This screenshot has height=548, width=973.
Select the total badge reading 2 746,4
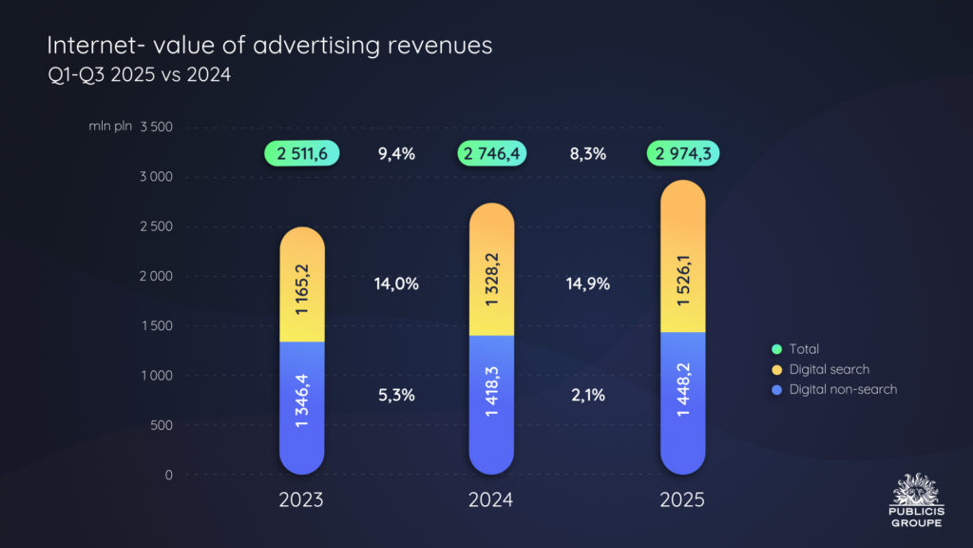click(492, 153)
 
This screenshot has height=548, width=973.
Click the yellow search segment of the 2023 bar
click(302, 285)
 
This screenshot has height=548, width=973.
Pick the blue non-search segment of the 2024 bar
click(492, 404)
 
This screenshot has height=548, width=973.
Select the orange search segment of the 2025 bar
click(682, 257)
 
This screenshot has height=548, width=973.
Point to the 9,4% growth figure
click(397, 153)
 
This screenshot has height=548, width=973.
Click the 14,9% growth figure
click(587, 284)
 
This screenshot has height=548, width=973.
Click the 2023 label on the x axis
click(302, 500)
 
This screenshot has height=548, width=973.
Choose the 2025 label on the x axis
click(682, 500)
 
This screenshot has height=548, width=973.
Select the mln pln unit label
click(110, 127)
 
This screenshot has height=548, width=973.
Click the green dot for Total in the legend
click(776, 349)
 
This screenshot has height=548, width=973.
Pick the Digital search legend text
click(829, 369)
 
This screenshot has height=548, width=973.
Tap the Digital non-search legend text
click(843, 389)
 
